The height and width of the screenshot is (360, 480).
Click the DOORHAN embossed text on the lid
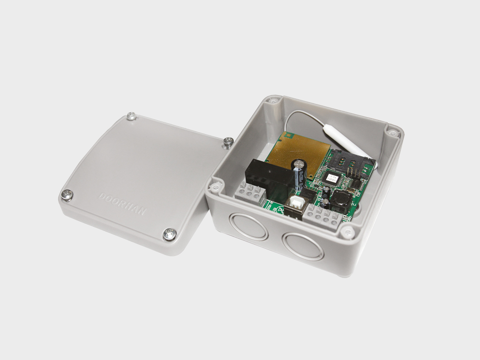[122, 203]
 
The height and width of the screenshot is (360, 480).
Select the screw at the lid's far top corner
[132, 115]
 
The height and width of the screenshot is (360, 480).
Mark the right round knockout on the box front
[303, 246]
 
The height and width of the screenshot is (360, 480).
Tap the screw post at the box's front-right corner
[347, 231]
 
